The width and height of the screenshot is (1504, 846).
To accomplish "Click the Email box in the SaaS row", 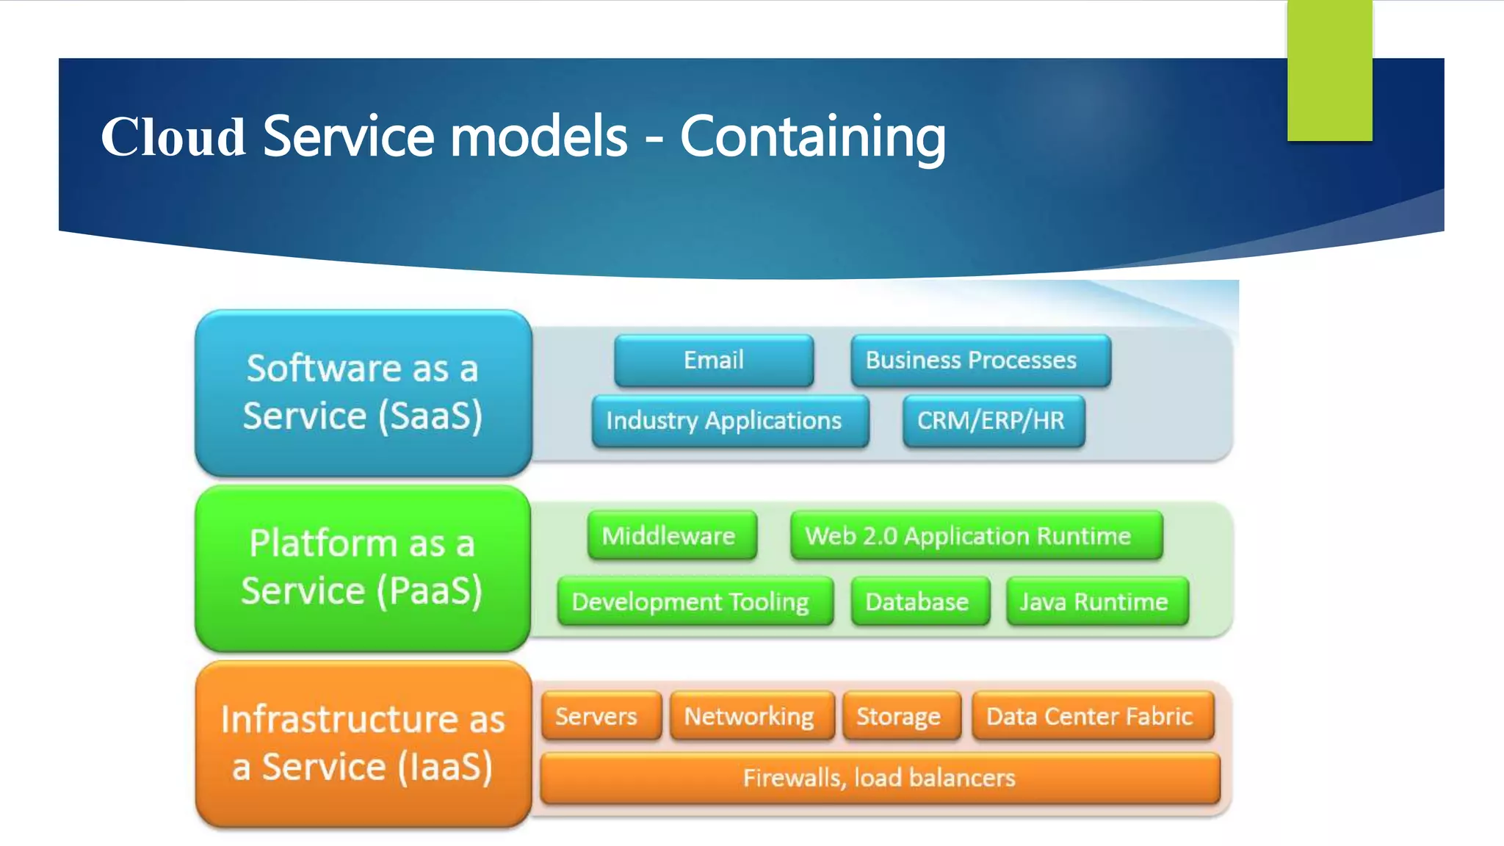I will tap(714, 361).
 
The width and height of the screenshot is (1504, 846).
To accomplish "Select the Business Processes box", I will tap(980, 361).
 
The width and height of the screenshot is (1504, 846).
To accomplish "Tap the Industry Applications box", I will tap(730, 421).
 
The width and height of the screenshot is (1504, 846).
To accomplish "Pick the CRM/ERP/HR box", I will tap(994, 421).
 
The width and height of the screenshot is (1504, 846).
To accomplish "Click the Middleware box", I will tap(671, 536).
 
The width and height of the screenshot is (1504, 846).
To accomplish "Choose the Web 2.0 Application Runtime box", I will tap(976, 536).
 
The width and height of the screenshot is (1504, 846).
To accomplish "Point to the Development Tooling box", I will tap(695, 602).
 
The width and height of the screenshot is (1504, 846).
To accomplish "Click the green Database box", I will tap(920, 602).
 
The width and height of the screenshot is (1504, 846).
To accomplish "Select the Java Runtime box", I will tap(1097, 602).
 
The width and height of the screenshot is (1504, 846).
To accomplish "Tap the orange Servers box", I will tap(601, 716).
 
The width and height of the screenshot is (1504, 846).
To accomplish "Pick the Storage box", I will tap(902, 716).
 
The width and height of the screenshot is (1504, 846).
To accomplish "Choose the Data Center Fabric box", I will tap(1093, 716).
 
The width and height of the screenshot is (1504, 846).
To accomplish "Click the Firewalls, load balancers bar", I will tap(880, 778).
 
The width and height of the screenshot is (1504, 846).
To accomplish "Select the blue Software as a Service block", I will tap(364, 393).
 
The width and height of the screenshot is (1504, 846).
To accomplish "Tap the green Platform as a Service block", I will tap(364, 568).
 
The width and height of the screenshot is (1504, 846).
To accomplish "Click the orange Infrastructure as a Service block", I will tap(364, 744).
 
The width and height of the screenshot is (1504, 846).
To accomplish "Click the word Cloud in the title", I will tap(173, 137).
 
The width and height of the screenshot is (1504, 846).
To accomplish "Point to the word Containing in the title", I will tap(812, 137).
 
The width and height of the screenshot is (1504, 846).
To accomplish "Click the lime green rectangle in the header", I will tap(1329, 70).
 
